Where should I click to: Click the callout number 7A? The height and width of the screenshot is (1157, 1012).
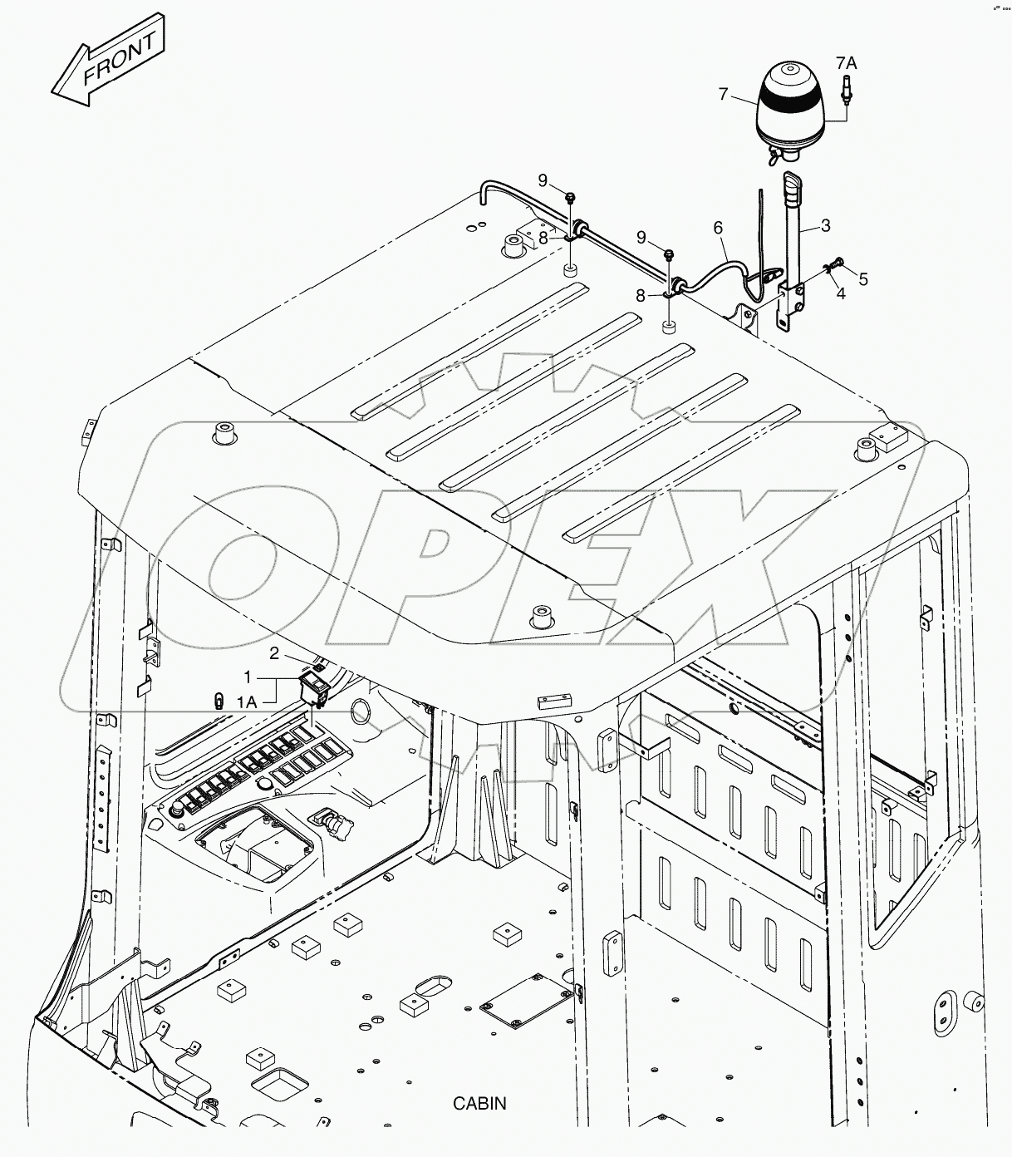click(846, 62)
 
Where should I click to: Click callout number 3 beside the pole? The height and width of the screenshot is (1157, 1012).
click(825, 225)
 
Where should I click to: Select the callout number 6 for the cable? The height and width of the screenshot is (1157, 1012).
click(718, 227)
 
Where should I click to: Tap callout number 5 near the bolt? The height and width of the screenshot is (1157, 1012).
click(863, 279)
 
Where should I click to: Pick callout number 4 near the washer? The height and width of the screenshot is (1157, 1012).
click(841, 293)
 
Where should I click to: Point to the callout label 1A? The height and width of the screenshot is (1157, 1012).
click(246, 702)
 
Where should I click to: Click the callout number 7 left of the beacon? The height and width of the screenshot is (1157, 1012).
click(723, 95)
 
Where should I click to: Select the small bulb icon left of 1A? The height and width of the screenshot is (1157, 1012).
click(219, 701)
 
